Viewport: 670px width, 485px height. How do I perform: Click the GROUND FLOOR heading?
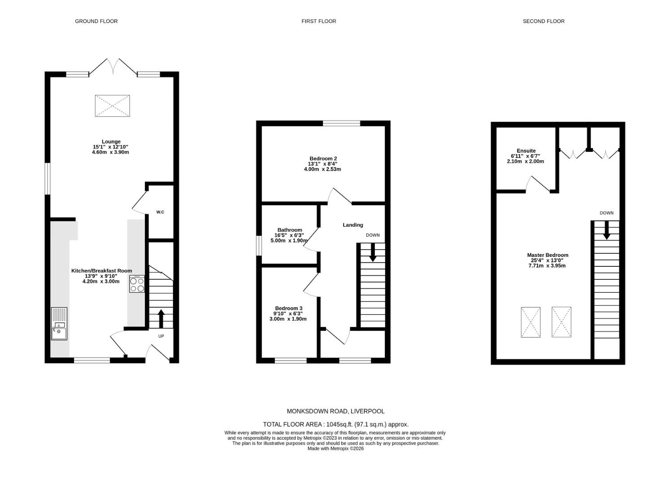tap(96, 21)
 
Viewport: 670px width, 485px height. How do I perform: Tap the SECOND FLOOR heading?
tap(543, 21)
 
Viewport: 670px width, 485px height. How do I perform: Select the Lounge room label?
tap(111, 141)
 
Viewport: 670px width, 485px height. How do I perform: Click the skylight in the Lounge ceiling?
tap(112, 106)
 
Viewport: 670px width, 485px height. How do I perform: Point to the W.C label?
tap(160, 212)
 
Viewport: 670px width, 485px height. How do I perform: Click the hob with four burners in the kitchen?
tap(137, 284)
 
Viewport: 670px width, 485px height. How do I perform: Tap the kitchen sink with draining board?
tap(59, 324)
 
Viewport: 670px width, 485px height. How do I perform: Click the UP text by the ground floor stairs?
tap(161, 336)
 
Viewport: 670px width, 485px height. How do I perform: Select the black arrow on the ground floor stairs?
tap(161, 318)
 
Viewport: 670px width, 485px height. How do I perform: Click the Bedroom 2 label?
tap(323, 159)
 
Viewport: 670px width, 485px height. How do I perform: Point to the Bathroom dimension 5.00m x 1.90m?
tap(289, 241)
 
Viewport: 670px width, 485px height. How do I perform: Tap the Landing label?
tap(353, 225)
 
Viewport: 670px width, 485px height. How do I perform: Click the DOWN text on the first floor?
tap(372, 235)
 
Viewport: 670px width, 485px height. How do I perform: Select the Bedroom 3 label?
tap(289, 308)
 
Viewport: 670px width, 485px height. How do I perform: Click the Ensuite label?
tap(526, 151)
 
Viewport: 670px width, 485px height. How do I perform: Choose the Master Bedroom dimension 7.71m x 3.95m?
tap(547, 266)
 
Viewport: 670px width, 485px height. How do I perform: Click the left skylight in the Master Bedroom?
tap(531, 322)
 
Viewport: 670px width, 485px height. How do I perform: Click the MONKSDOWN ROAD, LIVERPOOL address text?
tap(335, 411)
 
